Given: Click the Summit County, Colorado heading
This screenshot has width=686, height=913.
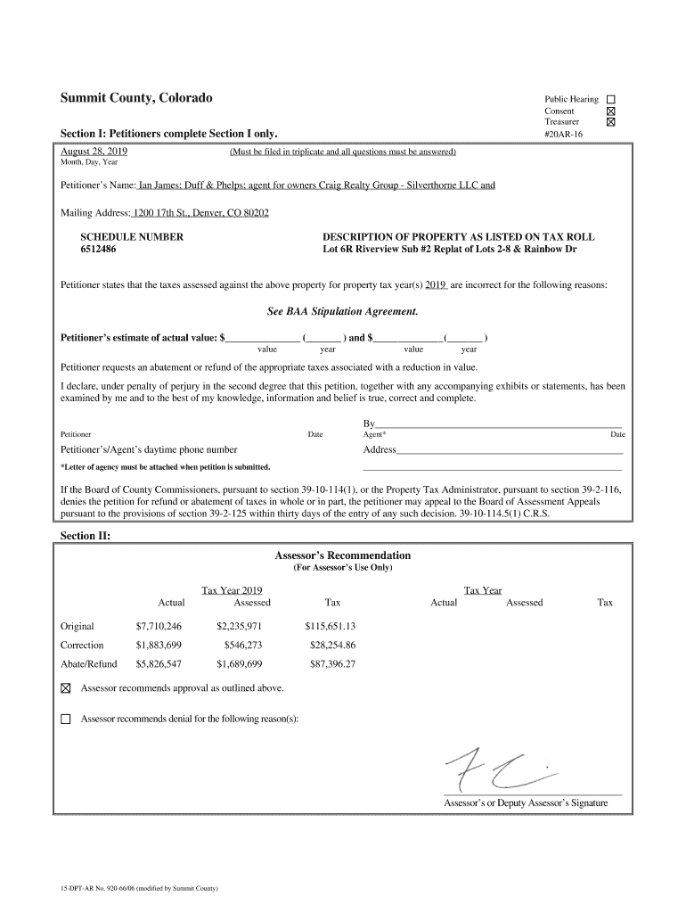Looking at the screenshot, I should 136,97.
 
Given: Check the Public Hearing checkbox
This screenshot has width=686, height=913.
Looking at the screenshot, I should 611,99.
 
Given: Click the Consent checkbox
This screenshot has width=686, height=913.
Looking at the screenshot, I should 611,111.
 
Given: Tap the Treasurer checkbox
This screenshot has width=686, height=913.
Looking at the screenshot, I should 611,122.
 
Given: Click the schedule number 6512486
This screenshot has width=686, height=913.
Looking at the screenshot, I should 98,250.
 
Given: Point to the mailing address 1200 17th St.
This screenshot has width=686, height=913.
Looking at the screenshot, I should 200,214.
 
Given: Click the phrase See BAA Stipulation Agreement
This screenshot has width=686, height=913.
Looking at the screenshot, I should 342,312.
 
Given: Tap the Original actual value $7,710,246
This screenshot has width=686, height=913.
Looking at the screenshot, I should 159,626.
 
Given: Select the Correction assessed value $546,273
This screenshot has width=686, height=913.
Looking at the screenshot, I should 242,645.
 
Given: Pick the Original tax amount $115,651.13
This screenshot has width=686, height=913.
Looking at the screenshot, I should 330,626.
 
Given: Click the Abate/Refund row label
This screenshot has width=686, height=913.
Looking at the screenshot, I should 88,663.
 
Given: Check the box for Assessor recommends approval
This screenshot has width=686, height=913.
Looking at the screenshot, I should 65,688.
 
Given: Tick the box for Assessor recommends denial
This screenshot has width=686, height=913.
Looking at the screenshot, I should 65,719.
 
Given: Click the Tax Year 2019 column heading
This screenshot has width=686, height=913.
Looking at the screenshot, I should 232,590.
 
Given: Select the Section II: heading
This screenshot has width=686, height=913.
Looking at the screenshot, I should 85,535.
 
